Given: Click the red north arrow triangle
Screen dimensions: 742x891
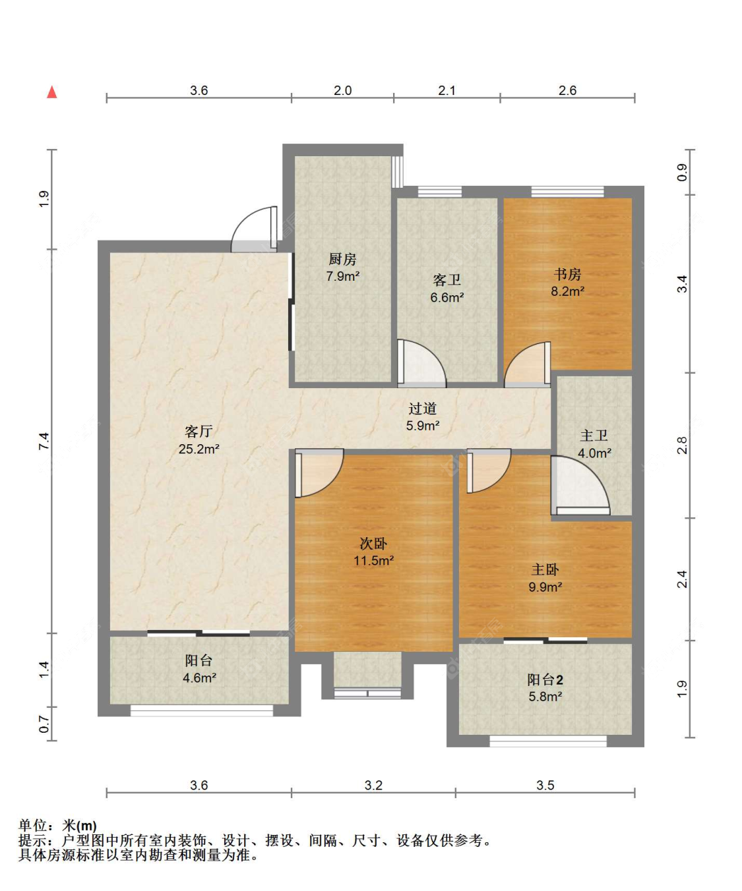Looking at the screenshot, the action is point(51,92).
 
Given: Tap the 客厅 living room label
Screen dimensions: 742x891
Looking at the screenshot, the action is point(199,431).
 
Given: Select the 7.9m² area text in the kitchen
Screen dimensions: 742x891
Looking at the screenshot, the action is point(342,276).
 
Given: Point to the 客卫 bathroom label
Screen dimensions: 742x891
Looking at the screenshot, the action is point(447,280).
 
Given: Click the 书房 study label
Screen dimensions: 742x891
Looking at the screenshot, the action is point(567,274).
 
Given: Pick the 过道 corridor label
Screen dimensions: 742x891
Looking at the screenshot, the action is point(423,409).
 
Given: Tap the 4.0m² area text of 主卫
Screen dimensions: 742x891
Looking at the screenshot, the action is point(594,453).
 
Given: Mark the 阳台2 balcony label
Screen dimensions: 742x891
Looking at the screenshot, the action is point(545,679).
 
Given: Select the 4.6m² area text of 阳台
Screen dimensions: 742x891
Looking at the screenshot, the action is point(199,677).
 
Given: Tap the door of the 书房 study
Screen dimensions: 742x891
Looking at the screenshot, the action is point(528,364).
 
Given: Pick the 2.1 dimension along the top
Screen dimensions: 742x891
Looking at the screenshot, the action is point(447,90).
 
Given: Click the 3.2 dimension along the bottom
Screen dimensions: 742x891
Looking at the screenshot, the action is point(373,785).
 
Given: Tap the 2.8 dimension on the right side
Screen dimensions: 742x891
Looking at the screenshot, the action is point(682,445).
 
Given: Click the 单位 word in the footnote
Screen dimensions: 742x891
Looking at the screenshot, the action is point(32,825).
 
